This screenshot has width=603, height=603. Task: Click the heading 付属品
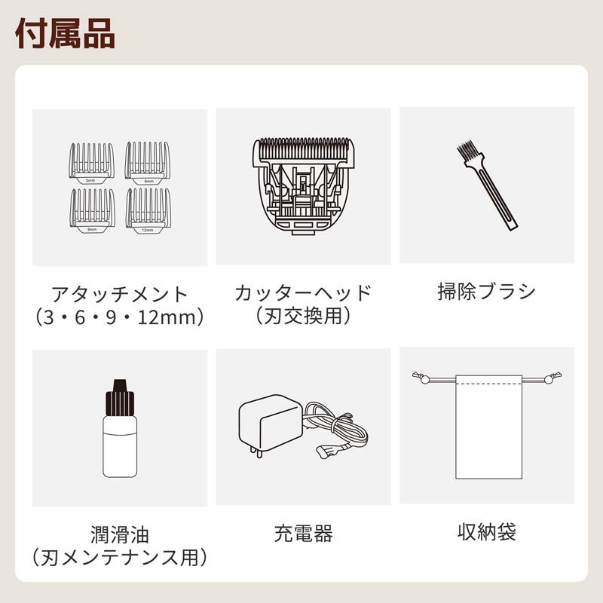(x=65, y=35)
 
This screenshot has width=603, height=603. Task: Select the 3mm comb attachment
(x=90, y=161)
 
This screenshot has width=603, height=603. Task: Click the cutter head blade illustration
(x=303, y=185)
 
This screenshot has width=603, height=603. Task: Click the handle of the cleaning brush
(x=497, y=200)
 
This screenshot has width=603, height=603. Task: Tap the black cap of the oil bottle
(x=119, y=398)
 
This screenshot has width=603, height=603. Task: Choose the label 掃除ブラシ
(x=486, y=291)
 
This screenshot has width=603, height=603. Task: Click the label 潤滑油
(x=119, y=536)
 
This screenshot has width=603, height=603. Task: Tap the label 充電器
(x=303, y=534)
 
